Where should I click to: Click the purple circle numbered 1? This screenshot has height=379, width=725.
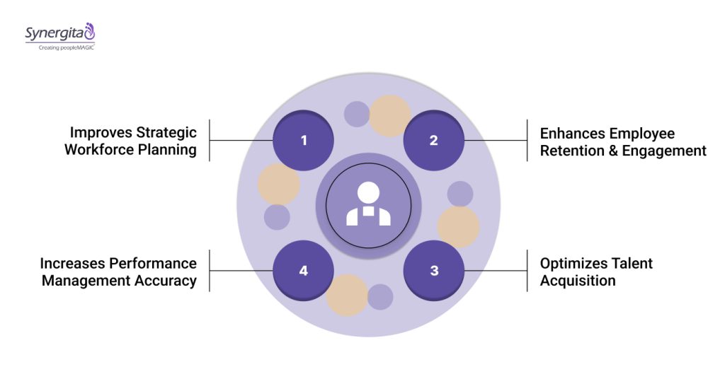(304, 140)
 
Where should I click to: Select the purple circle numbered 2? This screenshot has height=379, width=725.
(433, 140)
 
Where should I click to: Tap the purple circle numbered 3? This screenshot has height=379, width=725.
(433, 270)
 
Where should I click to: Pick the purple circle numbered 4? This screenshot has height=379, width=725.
(304, 270)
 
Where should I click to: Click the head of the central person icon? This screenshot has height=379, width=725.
(368, 192)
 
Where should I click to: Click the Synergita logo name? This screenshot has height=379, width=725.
(54, 33)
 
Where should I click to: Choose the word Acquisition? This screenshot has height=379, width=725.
(578, 281)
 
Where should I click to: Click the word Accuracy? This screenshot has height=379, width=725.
(164, 281)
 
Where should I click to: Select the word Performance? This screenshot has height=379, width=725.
(153, 264)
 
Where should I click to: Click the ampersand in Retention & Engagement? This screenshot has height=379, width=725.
(612, 151)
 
